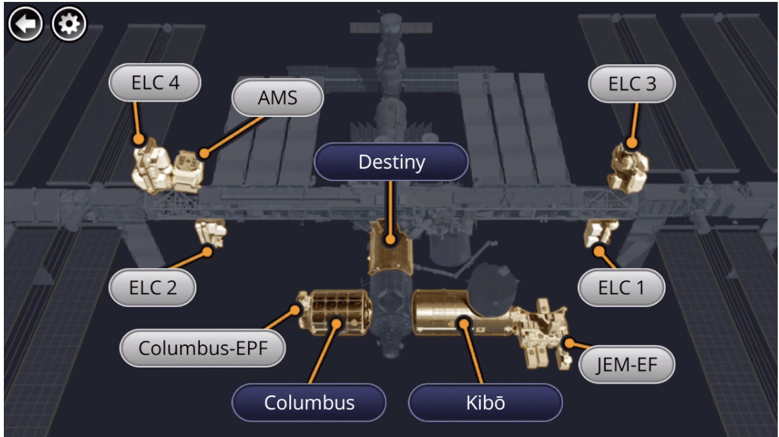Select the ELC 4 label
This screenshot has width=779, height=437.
coord(154,83)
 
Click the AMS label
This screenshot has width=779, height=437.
coord(277,98)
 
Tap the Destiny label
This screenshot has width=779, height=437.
coord(391,161)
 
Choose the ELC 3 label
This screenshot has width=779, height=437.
coord(632,84)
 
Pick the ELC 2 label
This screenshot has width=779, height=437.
coord(152,287)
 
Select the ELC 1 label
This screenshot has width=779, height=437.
coord(620,287)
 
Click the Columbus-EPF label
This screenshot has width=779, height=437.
coord(202,348)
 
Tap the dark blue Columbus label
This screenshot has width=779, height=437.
coord(309,403)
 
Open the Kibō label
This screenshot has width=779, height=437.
coord(485,403)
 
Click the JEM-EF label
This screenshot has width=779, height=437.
coord(627,365)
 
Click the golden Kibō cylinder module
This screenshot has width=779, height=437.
coord(443,312)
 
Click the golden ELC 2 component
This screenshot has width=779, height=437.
coord(210,232)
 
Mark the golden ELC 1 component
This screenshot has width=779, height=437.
coord(600,233)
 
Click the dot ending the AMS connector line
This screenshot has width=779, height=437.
coord(204,153)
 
